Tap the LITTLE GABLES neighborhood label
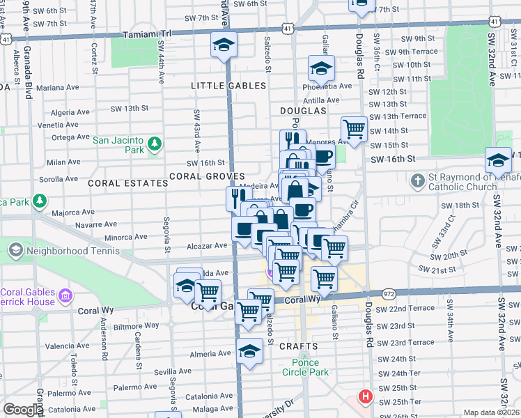(x=228, y=86)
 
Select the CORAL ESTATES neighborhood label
(x=128, y=183)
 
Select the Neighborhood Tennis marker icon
(x=15, y=249)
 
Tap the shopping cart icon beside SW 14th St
(x=355, y=129)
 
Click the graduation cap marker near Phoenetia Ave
(x=321, y=68)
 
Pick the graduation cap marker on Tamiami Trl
(x=224, y=45)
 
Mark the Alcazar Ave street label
(x=208, y=245)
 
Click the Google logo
(x=23, y=410)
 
